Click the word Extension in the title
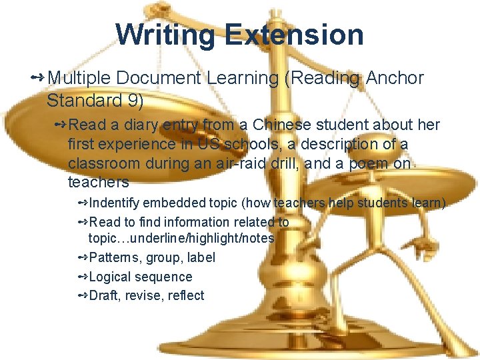(x=294, y=34)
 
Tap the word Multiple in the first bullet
(x=79, y=78)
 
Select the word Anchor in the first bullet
(x=394, y=78)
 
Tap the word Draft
(x=103, y=295)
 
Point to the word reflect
(x=185, y=295)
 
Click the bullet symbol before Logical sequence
(x=83, y=277)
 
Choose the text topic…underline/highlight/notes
(x=181, y=238)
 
